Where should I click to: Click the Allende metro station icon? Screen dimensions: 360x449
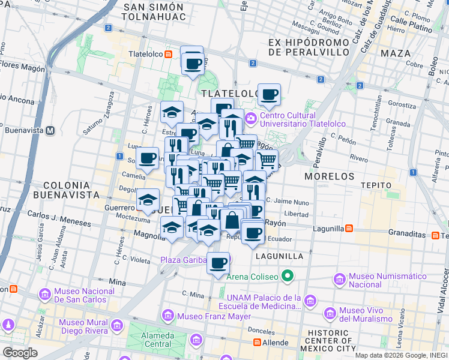(257, 343)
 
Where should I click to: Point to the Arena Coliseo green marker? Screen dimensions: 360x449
(288, 277)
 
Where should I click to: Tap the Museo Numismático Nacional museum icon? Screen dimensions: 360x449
(340, 280)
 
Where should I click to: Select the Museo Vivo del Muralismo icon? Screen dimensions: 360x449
(330, 313)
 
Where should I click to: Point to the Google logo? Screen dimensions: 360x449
(20, 352)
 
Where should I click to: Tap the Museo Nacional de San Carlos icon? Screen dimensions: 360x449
(44, 295)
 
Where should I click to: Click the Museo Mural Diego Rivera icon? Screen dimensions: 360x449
(116, 326)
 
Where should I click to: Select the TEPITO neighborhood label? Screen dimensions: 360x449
(377, 185)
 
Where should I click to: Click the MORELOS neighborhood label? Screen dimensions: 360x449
(330, 176)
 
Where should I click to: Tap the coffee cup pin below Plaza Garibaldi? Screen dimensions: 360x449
(218, 263)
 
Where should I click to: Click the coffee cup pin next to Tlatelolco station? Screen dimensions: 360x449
(193, 63)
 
